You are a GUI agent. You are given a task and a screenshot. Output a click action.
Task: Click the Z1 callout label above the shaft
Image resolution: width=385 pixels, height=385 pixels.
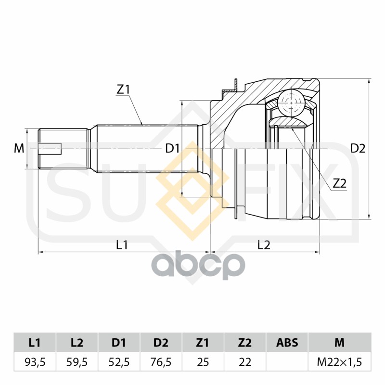pos(123,90)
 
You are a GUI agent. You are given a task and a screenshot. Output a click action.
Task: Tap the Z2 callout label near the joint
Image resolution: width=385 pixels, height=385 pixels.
pos(339,183)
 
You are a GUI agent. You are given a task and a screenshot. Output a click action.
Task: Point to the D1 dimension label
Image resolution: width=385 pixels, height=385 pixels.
pos(172,149)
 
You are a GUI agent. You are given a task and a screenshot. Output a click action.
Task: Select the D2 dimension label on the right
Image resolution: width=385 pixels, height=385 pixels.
pos(358,149)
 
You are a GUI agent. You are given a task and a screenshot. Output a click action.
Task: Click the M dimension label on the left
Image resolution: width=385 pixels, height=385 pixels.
pos(19,149)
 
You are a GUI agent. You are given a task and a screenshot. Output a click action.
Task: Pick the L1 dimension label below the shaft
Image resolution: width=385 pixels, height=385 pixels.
pos(122,245)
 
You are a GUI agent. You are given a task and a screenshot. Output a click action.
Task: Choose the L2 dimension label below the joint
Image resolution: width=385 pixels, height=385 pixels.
pos(264,245)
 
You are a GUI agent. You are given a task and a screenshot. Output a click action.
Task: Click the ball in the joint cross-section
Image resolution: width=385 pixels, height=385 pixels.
pos(291,103)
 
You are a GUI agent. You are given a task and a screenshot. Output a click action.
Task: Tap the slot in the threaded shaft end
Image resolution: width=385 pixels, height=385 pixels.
pos(50,149)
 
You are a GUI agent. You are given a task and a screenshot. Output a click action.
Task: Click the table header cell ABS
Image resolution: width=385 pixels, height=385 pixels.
pos(287,343)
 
